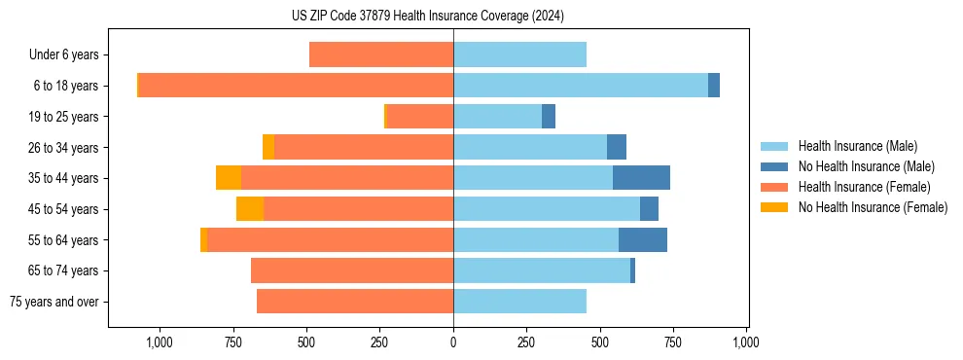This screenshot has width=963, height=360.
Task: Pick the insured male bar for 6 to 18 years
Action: [x=581, y=86]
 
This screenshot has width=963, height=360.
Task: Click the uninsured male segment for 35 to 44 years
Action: [x=641, y=178]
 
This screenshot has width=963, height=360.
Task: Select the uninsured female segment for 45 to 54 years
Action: [x=250, y=209]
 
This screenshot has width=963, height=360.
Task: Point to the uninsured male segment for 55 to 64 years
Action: [x=643, y=239]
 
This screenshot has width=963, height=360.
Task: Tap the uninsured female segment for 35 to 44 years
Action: [x=229, y=178]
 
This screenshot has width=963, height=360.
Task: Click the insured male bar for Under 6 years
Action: [x=519, y=55]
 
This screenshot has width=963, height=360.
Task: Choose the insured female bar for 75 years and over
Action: [x=355, y=302]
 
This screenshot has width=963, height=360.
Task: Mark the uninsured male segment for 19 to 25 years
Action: [x=549, y=117]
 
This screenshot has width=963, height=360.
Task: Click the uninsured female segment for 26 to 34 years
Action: [x=268, y=147]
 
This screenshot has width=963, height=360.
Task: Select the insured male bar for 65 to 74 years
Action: [x=542, y=270]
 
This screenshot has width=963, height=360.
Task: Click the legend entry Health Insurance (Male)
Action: [x=857, y=146]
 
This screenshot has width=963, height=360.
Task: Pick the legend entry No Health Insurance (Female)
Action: [x=873, y=207]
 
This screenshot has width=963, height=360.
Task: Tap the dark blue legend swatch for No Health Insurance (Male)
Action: [x=774, y=166]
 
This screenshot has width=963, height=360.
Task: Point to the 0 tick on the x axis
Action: [x=453, y=342]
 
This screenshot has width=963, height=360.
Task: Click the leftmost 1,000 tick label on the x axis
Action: [x=159, y=342]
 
